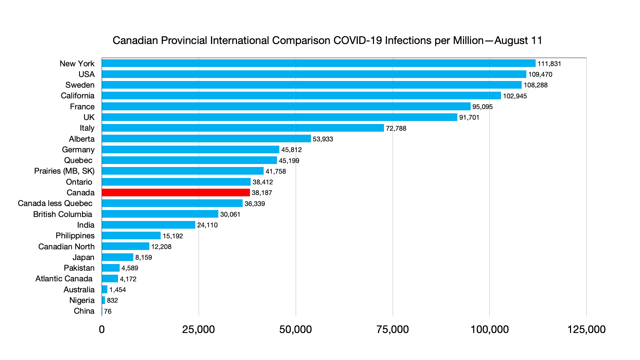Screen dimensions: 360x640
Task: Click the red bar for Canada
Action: (x=176, y=193)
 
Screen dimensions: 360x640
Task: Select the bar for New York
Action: (x=318, y=63)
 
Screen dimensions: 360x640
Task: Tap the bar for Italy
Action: (x=243, y=128)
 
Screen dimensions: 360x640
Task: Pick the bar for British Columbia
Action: (x=160, y=214)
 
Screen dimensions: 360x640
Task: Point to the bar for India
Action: (x=148, y=225)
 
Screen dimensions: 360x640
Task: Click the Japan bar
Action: (x=117, y=257)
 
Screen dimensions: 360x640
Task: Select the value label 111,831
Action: (x=549, y=64)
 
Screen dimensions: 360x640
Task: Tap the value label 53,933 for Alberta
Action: (x=323, y=139)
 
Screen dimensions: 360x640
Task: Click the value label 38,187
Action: (x=262, y=193)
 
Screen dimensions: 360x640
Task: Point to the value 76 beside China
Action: (x=108, y=311)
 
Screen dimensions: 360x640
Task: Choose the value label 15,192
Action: (x=173, y=236)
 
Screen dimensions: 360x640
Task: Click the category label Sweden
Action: (x=80, y=85)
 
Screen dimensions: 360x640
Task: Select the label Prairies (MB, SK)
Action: (x=64, y=171)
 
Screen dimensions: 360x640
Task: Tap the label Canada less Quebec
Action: (x=55, y=203)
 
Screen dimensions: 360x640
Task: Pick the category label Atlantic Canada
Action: (x=64, y=279)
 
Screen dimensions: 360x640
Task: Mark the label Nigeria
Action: (x=82, y=300)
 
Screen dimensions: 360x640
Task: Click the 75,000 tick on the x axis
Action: (x=392, y=329)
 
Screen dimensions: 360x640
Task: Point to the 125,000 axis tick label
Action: (x=586, y=329)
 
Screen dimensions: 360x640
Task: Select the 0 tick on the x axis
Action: (x=102, y=329)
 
